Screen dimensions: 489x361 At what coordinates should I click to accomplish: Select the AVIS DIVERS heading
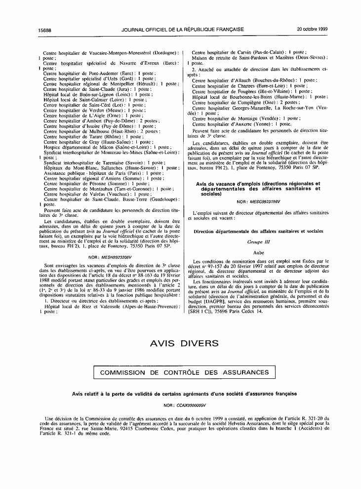pos(180,343)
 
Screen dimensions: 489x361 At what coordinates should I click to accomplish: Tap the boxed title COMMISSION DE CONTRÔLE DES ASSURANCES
pos(181,372)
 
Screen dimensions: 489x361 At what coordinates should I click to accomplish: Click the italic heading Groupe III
pos(259,242)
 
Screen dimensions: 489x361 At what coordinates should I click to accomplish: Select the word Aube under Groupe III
pos(259,251)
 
